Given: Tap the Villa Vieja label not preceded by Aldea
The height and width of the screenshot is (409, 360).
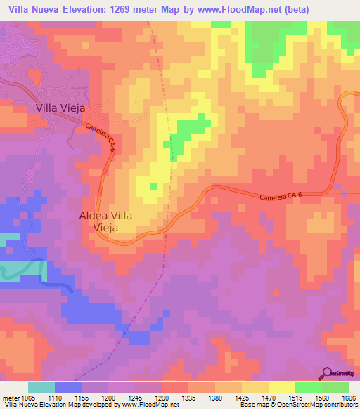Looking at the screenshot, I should click(60, 108).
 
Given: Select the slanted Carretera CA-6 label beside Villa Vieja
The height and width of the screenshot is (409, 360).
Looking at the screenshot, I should click(101, 137).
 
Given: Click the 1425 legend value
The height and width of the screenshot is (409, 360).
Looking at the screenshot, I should click(243, 397).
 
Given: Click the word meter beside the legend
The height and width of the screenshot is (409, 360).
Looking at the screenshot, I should click(11, 397).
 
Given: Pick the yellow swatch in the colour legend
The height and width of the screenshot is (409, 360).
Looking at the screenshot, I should click(282, 387).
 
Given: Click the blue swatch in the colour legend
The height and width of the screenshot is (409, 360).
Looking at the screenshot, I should click(68, 387).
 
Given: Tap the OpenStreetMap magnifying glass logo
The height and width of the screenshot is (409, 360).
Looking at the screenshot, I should click(327, 373).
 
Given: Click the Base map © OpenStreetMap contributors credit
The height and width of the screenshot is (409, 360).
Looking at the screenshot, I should click(297, 405).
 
